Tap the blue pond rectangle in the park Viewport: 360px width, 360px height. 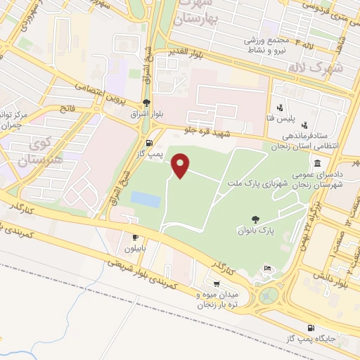tap(146, 200)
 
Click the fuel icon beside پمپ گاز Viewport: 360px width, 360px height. tap(146, 144)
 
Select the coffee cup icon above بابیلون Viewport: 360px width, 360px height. tap(135, 238)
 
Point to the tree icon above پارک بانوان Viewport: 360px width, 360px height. tap(255, 219)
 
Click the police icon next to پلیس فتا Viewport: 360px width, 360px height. tap(280, 108)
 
